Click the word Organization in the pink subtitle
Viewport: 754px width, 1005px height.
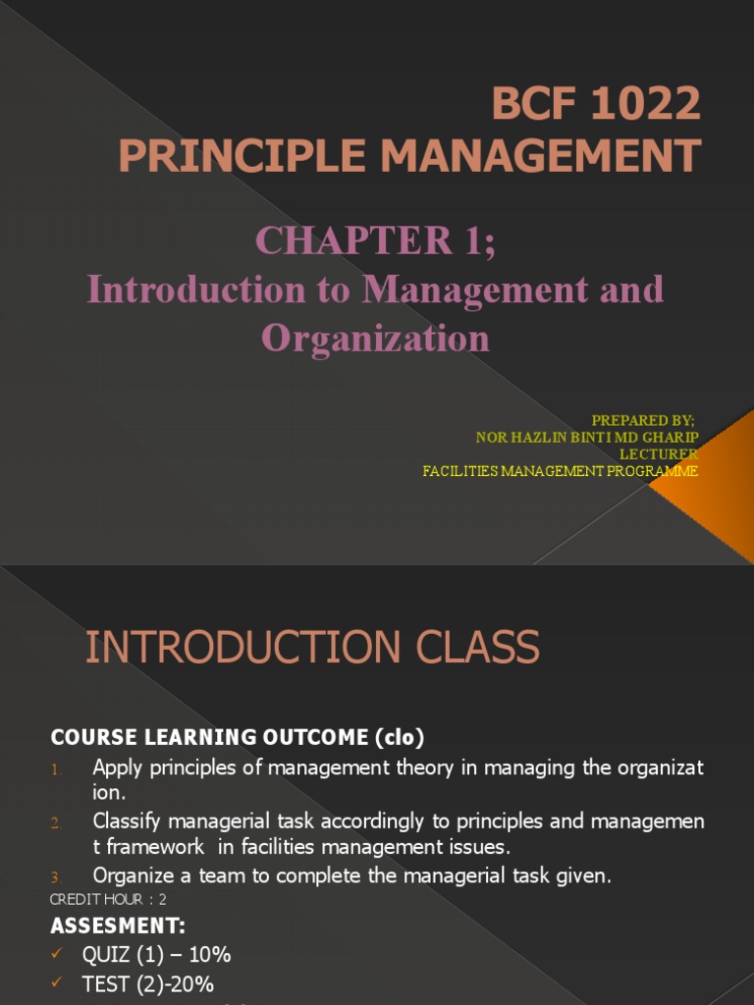(x=376, y=339)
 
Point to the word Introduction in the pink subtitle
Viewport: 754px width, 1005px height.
(x=196, y=290)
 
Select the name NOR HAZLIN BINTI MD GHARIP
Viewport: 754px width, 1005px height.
(x=587, y=438)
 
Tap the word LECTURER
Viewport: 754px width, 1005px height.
(x=659, y=454)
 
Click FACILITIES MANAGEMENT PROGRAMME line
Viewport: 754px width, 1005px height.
(x=560, y=471)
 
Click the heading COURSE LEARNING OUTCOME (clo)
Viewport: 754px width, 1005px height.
(x=238, y=736)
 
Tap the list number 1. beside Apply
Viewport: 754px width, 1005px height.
(x=57, y=769)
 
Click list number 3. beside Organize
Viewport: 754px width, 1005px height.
(x=57, y=877)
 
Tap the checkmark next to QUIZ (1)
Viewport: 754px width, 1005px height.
(x=57, y=954)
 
